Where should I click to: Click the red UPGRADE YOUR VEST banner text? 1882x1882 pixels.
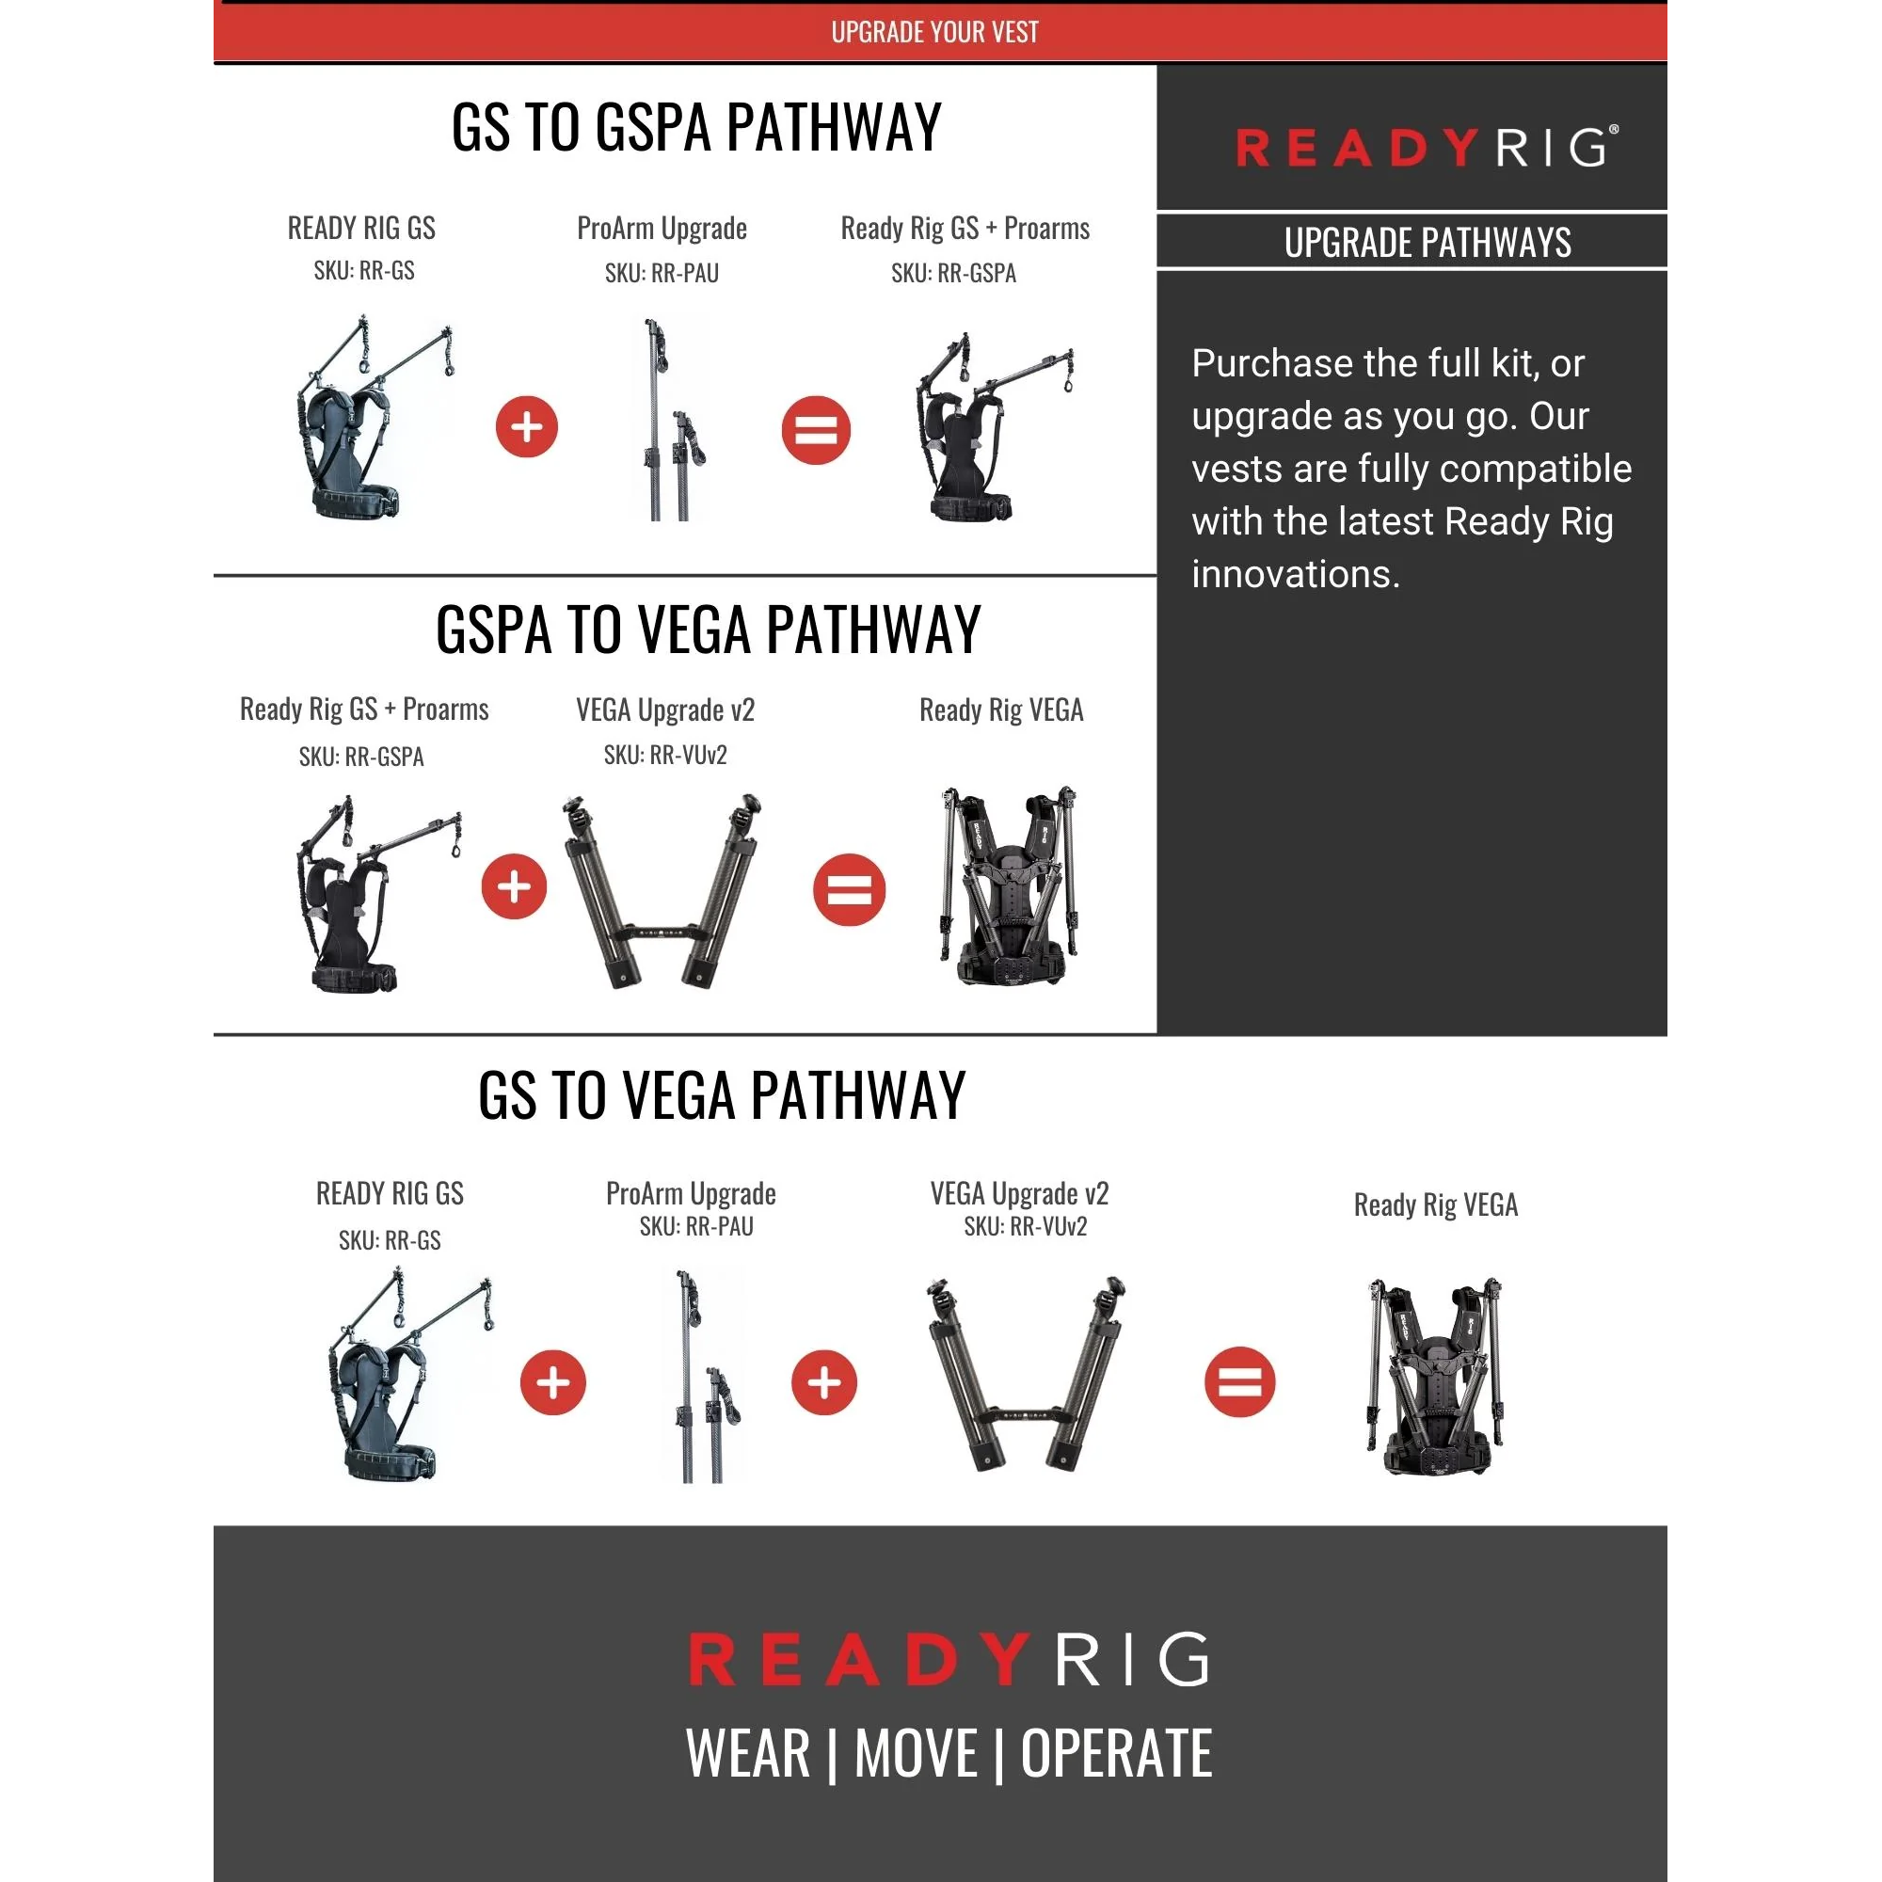[934, 32]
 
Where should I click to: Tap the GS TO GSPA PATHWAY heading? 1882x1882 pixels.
[696, 127]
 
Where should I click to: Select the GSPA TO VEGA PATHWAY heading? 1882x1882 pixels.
[709, 630]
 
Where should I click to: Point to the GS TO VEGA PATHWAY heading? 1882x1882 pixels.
[722, 1095]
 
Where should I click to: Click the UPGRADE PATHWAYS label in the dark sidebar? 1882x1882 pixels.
[1427, 242]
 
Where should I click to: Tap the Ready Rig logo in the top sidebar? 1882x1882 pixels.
[1427, 147]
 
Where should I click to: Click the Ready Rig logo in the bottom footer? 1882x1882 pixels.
[949, 1659]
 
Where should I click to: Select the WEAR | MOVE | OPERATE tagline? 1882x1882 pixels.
[949, 1753]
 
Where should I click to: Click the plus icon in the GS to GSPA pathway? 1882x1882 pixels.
[527, 426]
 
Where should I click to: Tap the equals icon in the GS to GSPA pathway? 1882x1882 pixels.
[816, 430]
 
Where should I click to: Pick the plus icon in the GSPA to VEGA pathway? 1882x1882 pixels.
[515, 886]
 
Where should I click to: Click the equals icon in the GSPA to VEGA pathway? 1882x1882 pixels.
[850, 889]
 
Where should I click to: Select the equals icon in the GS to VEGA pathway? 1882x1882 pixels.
[1240, 1382]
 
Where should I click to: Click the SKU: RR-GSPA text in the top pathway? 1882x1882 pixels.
[953, 274]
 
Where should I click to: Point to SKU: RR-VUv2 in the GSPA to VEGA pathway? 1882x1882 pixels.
[665, 755]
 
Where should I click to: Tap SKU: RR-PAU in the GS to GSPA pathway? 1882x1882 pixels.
[662, 274]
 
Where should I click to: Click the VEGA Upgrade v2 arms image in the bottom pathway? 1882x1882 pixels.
[1025, 1374]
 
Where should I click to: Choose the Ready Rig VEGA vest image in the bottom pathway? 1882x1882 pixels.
[1436, 1377]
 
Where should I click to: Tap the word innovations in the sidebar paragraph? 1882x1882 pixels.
[1296, 575]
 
